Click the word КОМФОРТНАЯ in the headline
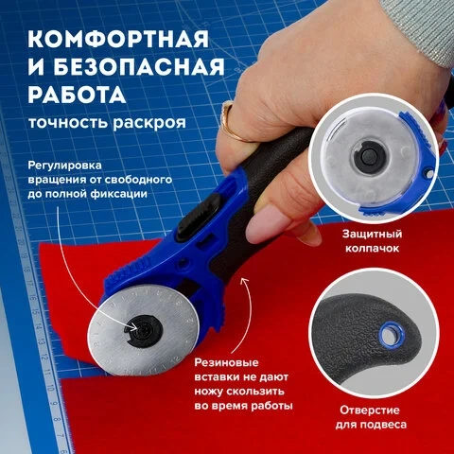coord(118,39)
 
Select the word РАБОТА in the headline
coord(77,95)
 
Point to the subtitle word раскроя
coord(149,122)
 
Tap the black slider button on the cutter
coord(199,218)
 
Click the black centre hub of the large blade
coord(144,331)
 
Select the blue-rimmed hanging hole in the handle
coord(392,334)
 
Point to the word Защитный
coord(372,234)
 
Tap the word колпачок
coord(372,248)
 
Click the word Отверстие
coord(370,410)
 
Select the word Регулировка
coord(64,166)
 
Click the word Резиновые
coord(226,362)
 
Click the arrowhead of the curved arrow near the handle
coord(244,281)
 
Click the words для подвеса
coord(371,425)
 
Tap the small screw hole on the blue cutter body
coord(182,263)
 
